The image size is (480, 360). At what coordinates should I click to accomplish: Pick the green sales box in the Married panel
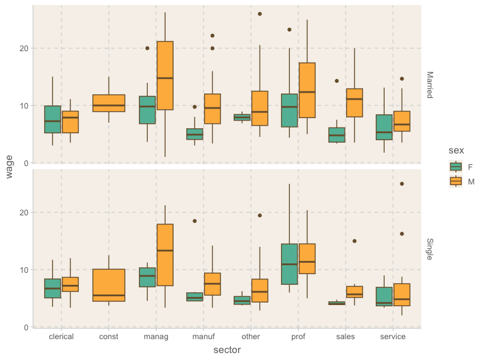337,135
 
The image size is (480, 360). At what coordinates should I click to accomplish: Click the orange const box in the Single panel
109,285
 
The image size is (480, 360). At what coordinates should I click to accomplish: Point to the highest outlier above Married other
260,14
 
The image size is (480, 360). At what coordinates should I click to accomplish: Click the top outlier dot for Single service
402,184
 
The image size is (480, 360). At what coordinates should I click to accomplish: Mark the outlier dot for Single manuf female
195,221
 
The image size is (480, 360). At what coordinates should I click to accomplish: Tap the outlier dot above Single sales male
354,241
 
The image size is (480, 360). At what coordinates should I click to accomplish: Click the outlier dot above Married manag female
147,48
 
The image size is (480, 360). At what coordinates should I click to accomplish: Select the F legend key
455,167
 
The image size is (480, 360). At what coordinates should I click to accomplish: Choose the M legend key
455,181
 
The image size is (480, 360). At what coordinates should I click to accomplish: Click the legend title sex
457,150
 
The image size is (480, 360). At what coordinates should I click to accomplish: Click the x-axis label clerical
61,337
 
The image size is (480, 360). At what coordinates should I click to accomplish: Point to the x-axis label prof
298,337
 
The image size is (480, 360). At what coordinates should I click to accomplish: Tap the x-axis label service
393,337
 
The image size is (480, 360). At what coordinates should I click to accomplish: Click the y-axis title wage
10,167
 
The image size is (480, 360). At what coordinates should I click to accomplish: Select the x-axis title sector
227,349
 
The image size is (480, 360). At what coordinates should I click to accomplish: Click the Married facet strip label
429,85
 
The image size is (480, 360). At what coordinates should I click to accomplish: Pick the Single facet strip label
429,249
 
